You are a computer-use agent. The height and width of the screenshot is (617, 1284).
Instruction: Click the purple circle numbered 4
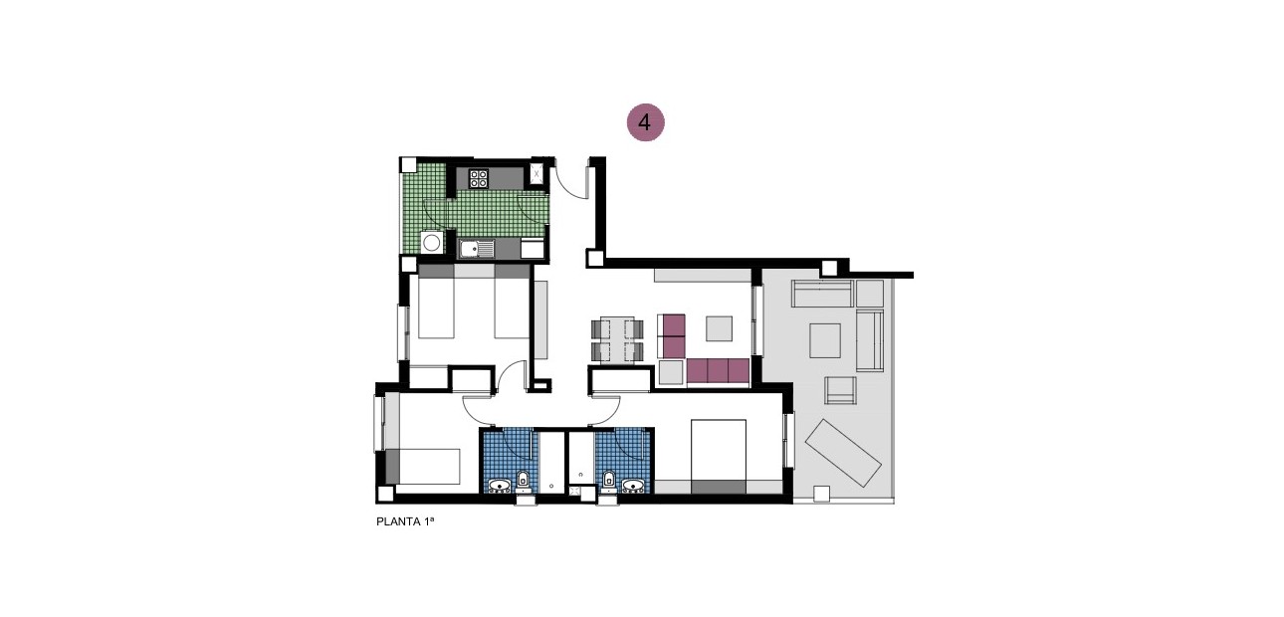tap(645, 122)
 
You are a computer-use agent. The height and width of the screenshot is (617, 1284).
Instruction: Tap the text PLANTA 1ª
tap(405, 520)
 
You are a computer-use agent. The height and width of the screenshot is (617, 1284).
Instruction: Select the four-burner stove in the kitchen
tap(479, 179)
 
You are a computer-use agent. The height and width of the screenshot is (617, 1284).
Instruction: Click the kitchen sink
tap(478, 249)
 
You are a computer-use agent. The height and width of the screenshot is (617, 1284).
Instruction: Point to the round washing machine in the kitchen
tap(432, 242)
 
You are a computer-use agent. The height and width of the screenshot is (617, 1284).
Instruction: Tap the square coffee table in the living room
tap(719, 328)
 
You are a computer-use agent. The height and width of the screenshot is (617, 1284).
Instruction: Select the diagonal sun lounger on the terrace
tap(843, 453)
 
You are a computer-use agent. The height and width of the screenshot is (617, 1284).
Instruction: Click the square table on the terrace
tap(825, 340)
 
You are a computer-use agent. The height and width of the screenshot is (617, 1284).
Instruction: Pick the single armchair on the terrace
tap(841, 391)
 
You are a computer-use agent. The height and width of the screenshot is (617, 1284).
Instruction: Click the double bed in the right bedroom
tap(719, 456)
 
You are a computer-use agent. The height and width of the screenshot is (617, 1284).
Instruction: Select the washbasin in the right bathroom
tap(633, 486)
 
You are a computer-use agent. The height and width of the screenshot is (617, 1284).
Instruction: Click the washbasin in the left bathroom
tap(499, 486)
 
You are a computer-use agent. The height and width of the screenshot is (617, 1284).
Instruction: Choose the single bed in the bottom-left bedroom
tap(423, 466)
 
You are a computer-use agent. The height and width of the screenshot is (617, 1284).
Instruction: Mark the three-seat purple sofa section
tap(718, 370)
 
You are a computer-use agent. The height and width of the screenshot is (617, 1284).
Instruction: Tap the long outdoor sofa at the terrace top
tap(822, 294)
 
